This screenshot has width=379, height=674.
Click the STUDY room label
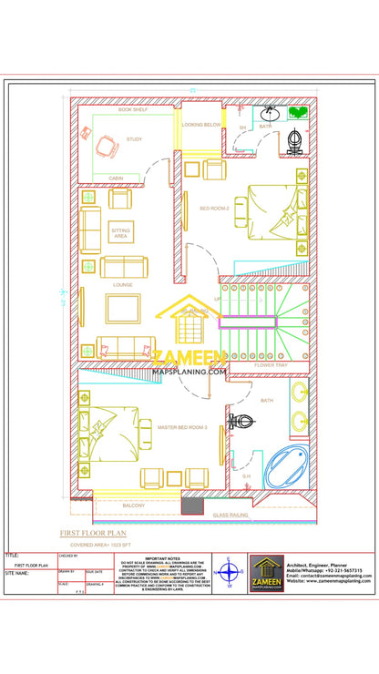tap(134, 139)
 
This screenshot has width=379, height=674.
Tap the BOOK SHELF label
tap(132, 109)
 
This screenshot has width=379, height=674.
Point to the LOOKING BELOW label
tap(200, 124)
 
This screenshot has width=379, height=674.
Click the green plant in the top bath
tap(298, 113)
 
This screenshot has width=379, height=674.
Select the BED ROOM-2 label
tap(214, 209)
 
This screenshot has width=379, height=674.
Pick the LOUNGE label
tap(122, 285)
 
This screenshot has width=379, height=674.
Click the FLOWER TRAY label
tap(271, 365)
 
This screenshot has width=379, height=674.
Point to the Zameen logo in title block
tap(267, 572)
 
